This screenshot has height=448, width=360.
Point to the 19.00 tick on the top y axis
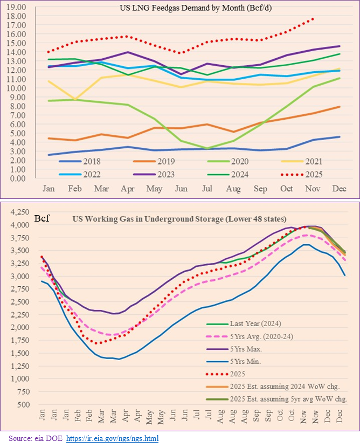[x=18, y=7]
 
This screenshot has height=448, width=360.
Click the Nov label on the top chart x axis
[x=313, y=189]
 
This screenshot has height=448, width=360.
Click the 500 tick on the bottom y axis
[x=22, y=404]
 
